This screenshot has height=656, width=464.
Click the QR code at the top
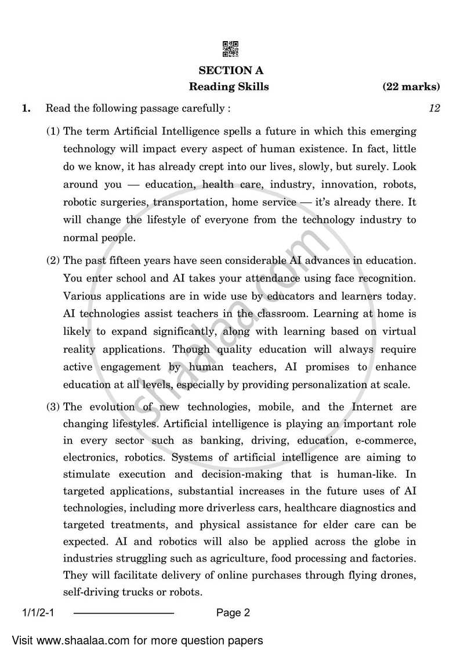[x=231, y=49]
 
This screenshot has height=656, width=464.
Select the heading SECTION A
[x=231, y=71]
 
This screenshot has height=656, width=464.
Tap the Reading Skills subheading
[x=229, y=88]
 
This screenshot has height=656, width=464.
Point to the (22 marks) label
[x=411, y=88]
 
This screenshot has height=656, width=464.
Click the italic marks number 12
[x=434, y=108]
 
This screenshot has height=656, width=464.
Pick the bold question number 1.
[x=26, y=108]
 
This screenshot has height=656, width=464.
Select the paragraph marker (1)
[x=53, y=132]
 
